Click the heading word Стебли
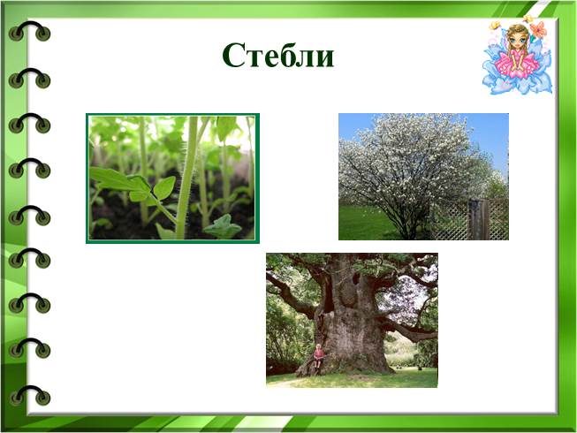[278, 55]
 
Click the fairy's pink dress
[516, 64]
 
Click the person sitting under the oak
[319, 355]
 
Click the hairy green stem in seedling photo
[187, 177]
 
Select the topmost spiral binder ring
[29, 30]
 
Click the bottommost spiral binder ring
[29, 395]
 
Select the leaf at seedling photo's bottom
[223, 226]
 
